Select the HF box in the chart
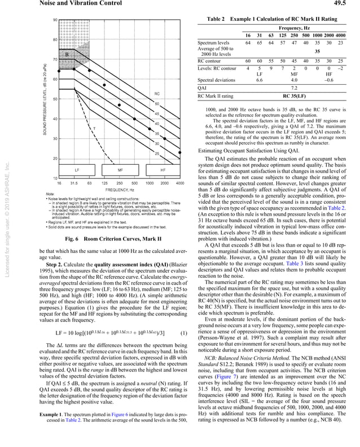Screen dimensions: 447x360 163,169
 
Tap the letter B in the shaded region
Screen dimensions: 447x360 67,54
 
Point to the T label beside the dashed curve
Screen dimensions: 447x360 94,129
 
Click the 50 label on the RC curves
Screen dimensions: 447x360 157,103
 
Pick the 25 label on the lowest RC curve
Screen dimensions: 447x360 157,154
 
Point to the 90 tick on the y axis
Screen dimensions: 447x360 54,20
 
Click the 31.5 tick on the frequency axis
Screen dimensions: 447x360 74,183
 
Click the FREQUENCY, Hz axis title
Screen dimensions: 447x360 119,190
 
